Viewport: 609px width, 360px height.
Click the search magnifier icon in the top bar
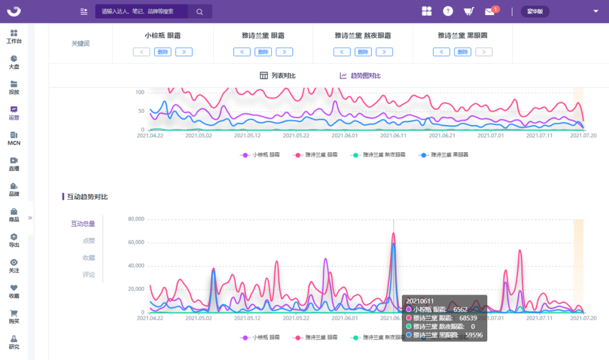[200, 11]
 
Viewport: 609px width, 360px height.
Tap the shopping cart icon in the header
[468, 11]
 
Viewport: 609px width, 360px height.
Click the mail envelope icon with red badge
[489, 11]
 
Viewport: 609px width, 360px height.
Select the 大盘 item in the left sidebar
[14, 62]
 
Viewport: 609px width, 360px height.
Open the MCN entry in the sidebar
[14, 138]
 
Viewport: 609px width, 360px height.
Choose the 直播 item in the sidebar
[14, 164]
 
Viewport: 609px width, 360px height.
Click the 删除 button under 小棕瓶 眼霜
[163, 52]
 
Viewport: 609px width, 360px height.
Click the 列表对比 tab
[277, 76]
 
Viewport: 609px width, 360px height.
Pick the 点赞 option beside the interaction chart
[89, 240]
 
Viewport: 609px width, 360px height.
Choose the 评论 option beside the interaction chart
[89, 275]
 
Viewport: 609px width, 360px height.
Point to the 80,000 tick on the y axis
[136, 219]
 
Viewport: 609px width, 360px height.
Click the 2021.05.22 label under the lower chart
[296, 318]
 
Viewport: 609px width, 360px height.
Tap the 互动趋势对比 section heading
[87, 196]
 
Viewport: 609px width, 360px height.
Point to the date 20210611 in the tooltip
[420, 301]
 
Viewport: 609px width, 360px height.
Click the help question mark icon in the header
[448, 11]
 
